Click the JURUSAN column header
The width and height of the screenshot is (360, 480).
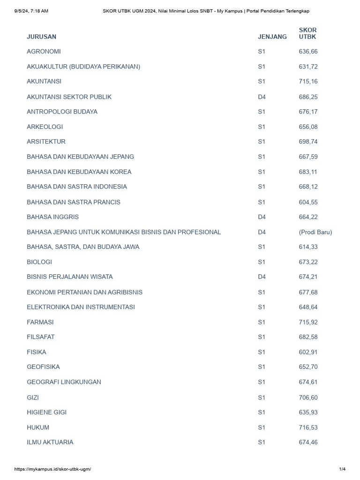tap(41, 37)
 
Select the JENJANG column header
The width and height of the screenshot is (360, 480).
tap(272, 37)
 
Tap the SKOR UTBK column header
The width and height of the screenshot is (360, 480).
tap(307, 33)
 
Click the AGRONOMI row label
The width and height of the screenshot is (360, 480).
tap(44, 52)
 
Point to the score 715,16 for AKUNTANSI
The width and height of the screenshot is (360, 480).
tap(308, 82)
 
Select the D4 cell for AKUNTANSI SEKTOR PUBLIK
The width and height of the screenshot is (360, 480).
tap(262, 97)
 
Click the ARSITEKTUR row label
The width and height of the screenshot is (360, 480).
tap(46, 142)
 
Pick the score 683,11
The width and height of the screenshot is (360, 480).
tap(308, 172)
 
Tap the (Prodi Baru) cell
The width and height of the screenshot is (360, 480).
tap(315, 232)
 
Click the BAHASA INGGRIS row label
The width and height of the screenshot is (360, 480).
tap(52, 217)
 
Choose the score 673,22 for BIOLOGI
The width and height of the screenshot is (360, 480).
tap(308, 262)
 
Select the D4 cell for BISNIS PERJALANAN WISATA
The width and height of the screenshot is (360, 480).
tap(262, 277)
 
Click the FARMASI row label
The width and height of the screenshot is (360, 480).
tap(40, 322)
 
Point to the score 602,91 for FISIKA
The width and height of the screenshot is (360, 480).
tap(308, 352)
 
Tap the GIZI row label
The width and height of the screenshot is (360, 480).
tap(33, 397)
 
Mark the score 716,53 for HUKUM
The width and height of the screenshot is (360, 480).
tap(308, 427)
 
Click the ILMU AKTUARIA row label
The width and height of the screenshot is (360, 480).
tap(50, 442)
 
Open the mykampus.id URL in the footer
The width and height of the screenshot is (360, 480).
tap(52, 469)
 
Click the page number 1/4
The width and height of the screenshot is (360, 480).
tap(342, 469)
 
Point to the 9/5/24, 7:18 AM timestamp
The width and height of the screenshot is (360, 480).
tap(31, 11)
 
